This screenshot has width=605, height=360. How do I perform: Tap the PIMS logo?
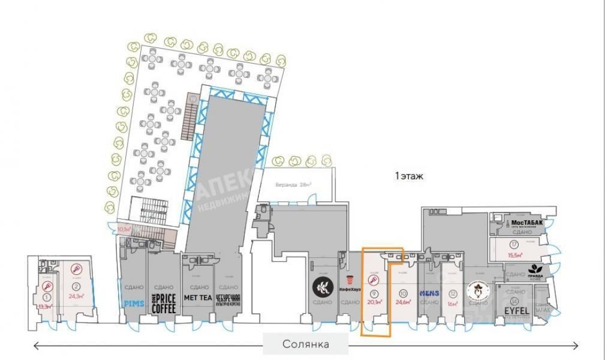click(x=134, y=304)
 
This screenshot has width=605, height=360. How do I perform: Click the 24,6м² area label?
click(x=402, y=302)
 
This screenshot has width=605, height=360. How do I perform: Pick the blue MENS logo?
click(x=429, y=293)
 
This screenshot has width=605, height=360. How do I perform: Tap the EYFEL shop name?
click(x=516, y=310)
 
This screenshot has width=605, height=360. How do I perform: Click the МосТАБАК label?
click(x=528, y=223)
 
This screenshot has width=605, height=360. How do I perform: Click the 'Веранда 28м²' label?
click(x=294, y=185)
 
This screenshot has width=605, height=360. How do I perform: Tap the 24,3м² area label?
click(x=76, y=295)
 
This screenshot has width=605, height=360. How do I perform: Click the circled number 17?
click(x=514, y=244)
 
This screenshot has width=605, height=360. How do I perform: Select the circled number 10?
click(x=402, y=293)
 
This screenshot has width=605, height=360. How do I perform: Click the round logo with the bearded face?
click(x=478, y=291)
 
